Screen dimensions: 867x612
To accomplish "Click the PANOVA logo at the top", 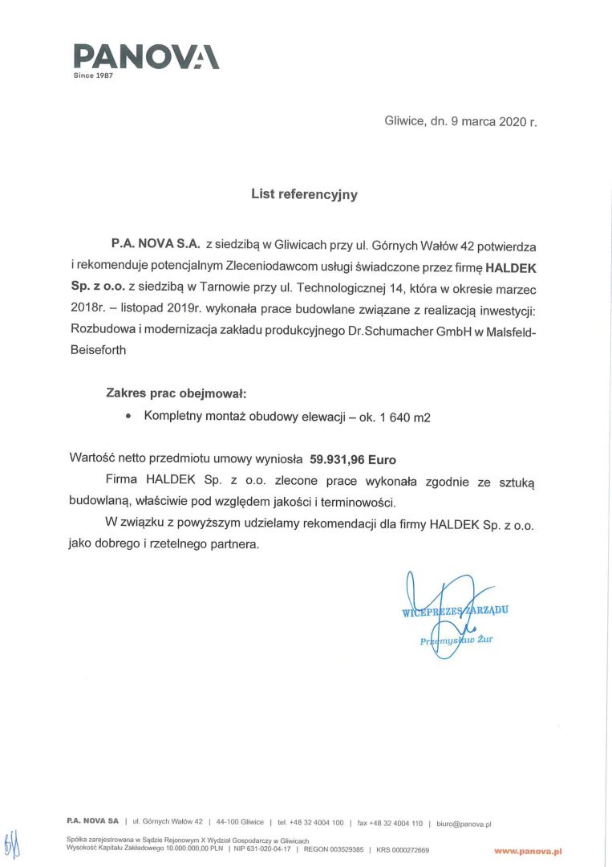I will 146,55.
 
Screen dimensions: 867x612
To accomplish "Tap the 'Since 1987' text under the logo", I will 93,75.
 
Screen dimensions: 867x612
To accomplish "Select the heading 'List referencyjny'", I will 304,194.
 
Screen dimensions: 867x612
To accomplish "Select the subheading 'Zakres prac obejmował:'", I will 176,393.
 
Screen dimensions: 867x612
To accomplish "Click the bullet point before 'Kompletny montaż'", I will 128,417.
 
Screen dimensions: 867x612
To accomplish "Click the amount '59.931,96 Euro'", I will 353,460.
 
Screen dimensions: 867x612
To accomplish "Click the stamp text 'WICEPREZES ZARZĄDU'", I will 455,611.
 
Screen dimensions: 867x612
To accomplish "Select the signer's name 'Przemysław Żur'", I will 457,640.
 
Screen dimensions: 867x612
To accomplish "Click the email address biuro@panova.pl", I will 464,823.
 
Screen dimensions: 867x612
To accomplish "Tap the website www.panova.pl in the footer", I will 527,849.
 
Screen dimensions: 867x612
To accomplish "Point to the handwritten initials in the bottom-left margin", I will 11,843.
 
